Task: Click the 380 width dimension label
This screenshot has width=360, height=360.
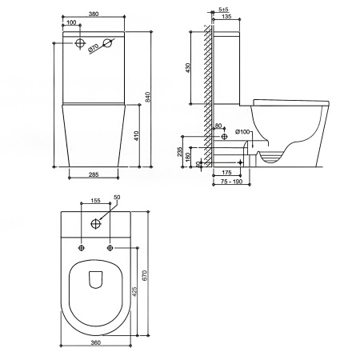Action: pos(94,14)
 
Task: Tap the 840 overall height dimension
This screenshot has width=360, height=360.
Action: pos(149,97)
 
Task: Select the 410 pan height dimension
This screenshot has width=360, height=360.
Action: pos(137,136)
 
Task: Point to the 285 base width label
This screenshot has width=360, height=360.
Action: pos(94,174)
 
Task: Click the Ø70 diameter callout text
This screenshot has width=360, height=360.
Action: pos(94,47)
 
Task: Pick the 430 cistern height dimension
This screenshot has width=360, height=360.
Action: pos(188,68)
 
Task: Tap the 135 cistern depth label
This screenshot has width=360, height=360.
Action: pos(226,17)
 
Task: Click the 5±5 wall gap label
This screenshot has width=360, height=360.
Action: pos(223,10)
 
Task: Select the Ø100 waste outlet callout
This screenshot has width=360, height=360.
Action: pos(242,132)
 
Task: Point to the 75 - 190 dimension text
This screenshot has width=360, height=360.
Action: pos(232,182)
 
